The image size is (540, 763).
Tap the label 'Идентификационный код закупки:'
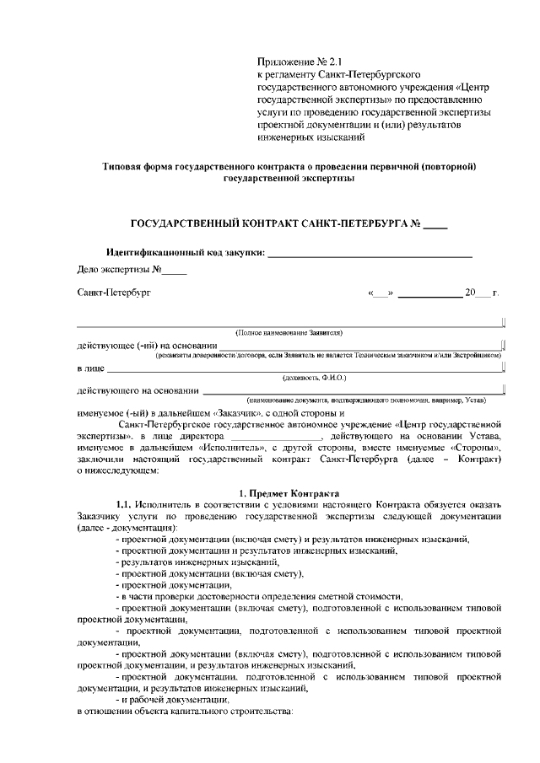click(186, 252)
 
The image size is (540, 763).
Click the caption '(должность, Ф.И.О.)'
click(314, 379)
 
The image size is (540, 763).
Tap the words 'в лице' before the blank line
click(90, 368)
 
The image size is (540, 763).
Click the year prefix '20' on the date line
click(470, 293)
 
